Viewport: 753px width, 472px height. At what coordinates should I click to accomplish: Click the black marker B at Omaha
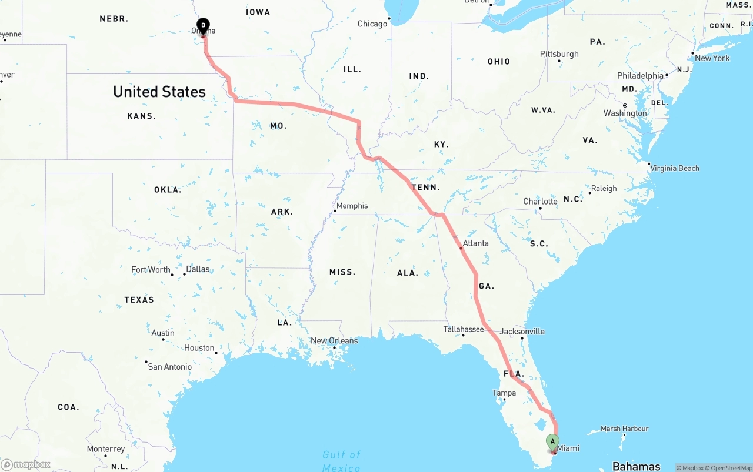[x=203, y=26]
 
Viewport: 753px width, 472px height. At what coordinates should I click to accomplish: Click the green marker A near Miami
[x=552, y=441]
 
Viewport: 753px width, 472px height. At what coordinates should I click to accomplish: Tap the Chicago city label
[x=372, y=24]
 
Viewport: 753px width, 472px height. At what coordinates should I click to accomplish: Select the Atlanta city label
[x=475, y=243]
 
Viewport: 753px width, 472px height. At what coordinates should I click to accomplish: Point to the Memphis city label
[x=352, y=206]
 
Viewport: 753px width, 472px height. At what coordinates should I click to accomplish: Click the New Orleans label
[x=334, y=340]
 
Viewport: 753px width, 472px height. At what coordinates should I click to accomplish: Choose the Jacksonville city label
[x=522, y=332]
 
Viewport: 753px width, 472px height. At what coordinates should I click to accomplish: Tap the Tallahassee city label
[x=464, y=329]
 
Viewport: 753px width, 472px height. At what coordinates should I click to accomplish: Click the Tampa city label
[x=504, y=393]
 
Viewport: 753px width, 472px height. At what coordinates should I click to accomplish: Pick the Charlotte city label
[x=540, y=202]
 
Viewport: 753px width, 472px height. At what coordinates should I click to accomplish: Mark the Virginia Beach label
[x=675, y=168]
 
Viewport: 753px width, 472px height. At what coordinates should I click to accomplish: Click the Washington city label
[x=625, y=113]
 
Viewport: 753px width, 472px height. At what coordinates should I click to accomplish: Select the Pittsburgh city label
[x=559, y=54]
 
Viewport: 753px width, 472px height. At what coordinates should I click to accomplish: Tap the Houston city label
[x=199, y=348]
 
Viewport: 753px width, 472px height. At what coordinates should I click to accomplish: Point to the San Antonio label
[x=169, y=367]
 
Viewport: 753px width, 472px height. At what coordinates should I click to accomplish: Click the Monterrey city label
[x=106, y=449]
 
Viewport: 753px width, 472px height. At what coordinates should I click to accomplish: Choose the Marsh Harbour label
[x=624, y=429]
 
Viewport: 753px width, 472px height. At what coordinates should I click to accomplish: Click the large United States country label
[x=159, y=92]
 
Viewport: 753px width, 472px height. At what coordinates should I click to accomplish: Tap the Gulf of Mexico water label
[x=341, y=461]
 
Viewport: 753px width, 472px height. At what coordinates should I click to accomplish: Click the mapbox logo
[x=26, y=465]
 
